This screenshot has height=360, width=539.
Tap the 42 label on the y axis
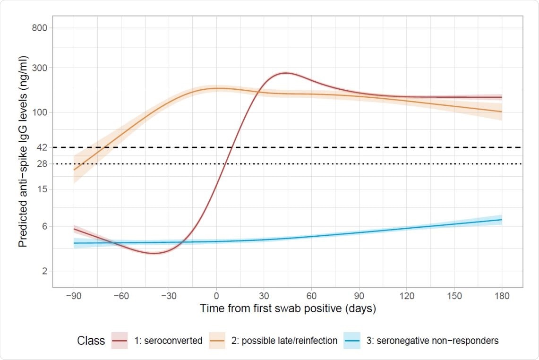click(42, 147)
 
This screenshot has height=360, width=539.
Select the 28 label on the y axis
click(42, 164)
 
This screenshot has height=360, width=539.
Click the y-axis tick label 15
click(42, 189)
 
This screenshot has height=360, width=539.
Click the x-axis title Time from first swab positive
click(288, 309)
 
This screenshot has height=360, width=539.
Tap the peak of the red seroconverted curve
click(285, 73)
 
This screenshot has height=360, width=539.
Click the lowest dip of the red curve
click(154, 253)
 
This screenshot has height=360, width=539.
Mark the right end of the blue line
click(502, 220)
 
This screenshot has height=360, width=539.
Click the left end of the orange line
click(74, 170)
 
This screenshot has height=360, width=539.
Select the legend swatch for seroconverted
click(120, 341)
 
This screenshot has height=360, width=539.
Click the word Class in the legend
click(91, 341)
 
